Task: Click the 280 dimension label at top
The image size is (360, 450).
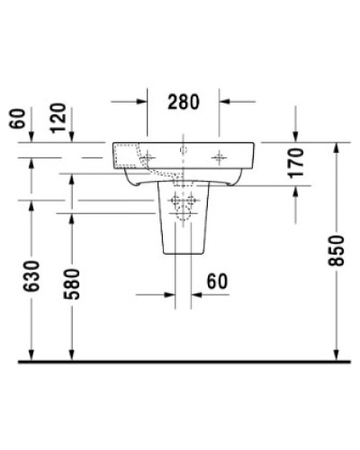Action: click(x=184, y=102)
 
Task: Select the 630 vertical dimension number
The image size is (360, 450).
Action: click(x=31, y=281)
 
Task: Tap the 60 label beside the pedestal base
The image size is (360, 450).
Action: click(x=216, y=283)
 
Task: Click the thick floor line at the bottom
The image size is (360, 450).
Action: click(x=180, y=362)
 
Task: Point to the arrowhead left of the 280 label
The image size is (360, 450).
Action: click(x=144, y=102)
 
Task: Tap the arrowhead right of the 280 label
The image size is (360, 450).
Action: click(x=223, y=102)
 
